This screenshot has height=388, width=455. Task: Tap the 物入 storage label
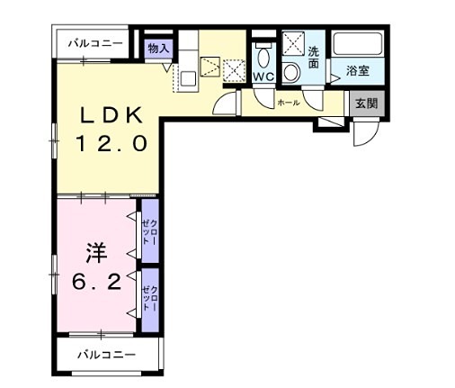158,47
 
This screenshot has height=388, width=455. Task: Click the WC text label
263,77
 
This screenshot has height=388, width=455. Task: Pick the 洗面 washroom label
314,58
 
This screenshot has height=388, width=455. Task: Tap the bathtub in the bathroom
359,44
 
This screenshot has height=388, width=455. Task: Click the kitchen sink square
187,78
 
